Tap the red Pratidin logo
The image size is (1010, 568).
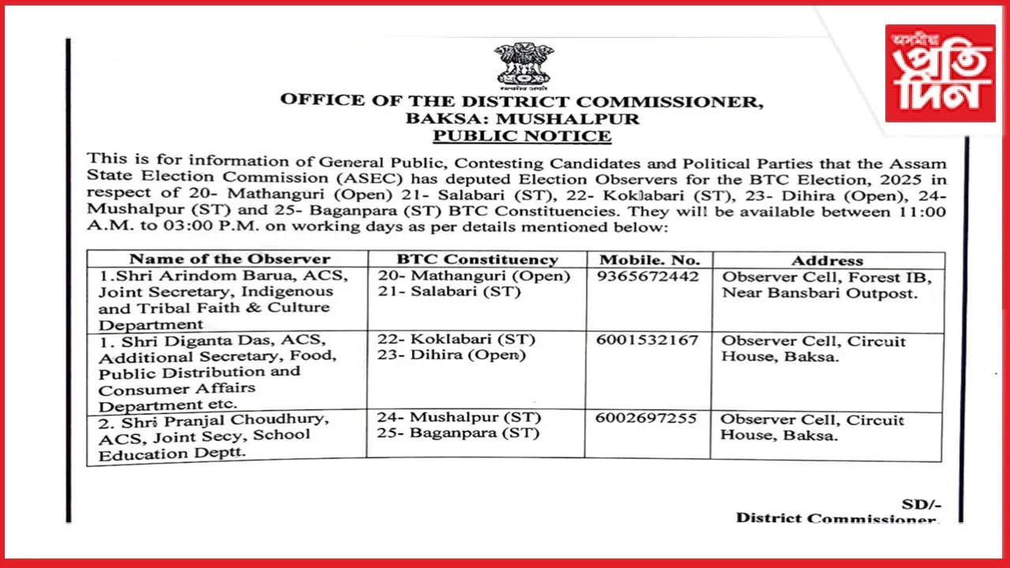939,73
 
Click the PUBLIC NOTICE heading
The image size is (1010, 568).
522,136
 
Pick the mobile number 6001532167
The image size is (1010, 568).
647,340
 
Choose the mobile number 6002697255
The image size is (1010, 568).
647,418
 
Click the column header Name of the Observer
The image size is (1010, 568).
230,259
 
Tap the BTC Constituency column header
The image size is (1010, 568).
477,259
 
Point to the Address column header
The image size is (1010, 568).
828,260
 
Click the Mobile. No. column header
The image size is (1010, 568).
649,260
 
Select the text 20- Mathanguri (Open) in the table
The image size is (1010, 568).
473,276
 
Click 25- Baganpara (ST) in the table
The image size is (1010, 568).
458,433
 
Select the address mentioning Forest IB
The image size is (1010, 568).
826,285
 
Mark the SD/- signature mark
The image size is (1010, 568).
921,504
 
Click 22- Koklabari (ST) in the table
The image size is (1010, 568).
457,339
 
